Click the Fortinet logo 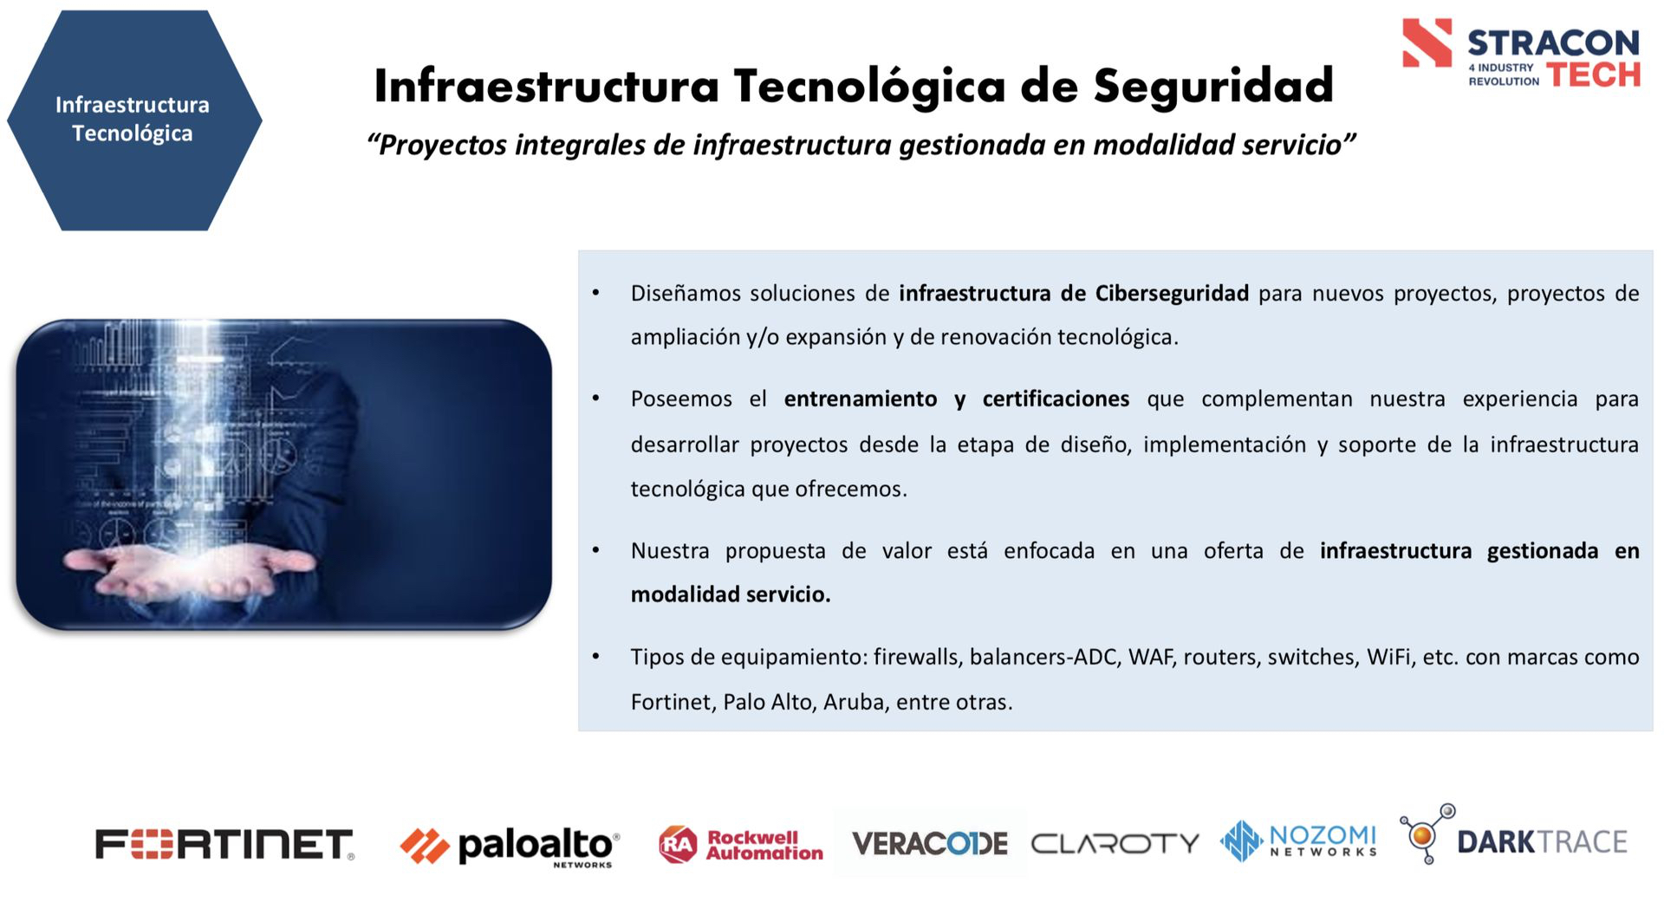[224, 844]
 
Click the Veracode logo [930, 843]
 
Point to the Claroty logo [1115, 843]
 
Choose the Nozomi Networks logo [1298, 840]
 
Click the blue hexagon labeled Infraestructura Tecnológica [134, 120]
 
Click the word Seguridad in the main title [1213, 86]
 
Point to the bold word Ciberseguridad [1172, 293]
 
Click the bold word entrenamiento [861, 399]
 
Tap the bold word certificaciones [1056, 399]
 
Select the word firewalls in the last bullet [918, 657]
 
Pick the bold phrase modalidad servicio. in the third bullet [731, 594]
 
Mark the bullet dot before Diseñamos [596, 293]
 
